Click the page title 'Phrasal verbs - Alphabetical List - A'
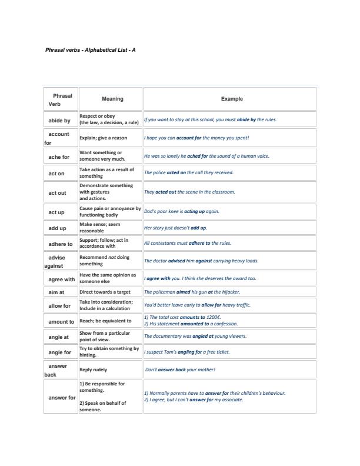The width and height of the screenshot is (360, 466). (91, 50)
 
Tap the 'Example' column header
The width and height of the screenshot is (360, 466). (231, 99)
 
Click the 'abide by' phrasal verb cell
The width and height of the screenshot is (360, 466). (59, 120)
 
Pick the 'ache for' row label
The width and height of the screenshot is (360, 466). (59, 157)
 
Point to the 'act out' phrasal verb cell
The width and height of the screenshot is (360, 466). (57, 192)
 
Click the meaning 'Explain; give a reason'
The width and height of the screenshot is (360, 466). (103, 138)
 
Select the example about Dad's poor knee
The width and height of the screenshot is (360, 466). (181, 211)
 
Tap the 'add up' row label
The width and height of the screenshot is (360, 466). (58, 228)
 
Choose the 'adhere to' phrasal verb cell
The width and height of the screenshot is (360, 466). (61, 244)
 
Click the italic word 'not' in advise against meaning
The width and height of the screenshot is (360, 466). (118, 257)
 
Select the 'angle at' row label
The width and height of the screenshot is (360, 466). (58, 337)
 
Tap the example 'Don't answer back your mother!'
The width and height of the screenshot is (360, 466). (180, 370)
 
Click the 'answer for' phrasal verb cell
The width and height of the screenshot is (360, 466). (61, 397)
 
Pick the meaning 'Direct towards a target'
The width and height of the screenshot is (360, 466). (105, 292)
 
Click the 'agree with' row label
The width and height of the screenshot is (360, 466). (61, 279)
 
